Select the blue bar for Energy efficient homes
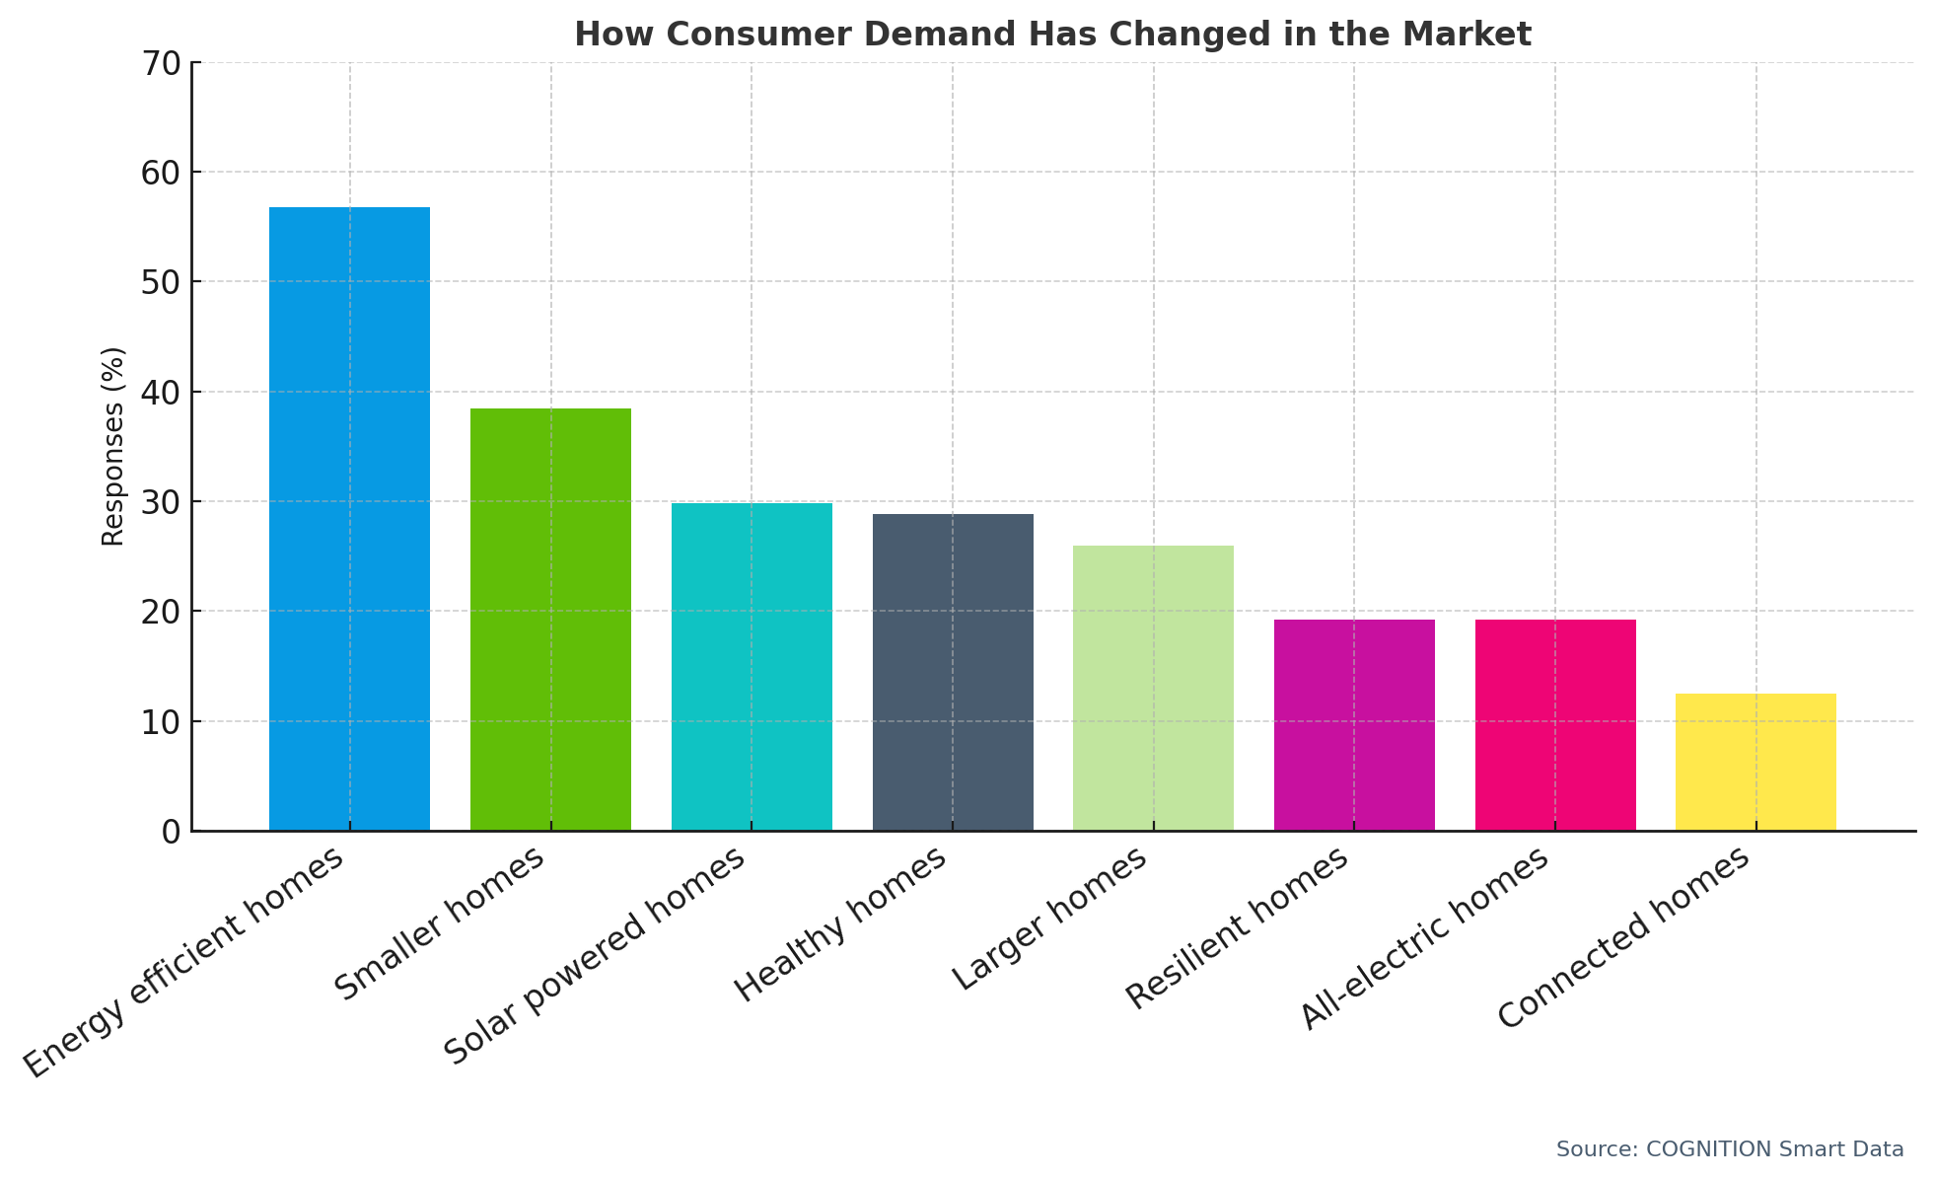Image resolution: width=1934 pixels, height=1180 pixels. point(349,519)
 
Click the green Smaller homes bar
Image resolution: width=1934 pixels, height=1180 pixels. point(550,620)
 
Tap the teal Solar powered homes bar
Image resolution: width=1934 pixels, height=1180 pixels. point(752,667)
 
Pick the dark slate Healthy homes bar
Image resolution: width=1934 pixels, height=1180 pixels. point(953,672)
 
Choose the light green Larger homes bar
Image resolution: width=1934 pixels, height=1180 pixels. point(1153,688)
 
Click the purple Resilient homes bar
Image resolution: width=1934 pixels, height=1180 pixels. point(1354,725)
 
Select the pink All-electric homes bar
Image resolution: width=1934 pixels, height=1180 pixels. point(1555,725)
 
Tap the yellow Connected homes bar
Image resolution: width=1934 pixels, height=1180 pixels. point(1755,762)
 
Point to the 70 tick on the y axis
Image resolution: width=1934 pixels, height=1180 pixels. point(162,63)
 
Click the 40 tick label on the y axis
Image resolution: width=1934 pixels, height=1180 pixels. point(162,393)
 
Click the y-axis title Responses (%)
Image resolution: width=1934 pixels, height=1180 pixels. point(113,446)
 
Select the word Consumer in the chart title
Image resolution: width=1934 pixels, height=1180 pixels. point(763,35)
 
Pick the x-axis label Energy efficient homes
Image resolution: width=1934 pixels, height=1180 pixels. point(184,962)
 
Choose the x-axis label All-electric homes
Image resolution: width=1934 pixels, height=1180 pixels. point(1424,938)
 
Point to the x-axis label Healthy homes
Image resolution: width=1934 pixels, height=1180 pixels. point(841,923)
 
